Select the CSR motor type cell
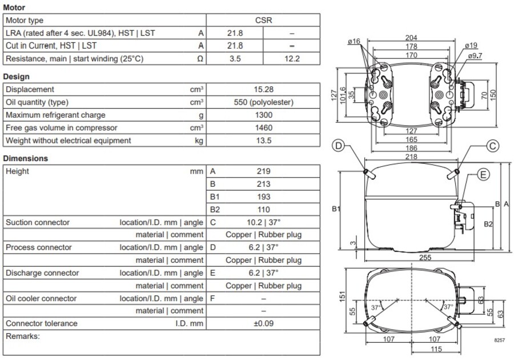263,21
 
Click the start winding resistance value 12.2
292,58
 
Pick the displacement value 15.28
263,90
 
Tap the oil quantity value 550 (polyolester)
263,102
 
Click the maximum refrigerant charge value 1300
263,115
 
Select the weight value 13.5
263,141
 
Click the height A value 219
263,171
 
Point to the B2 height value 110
263,210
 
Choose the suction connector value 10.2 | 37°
263,222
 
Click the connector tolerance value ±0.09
263,323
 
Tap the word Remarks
22,336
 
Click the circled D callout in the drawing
339,146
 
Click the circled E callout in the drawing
483,175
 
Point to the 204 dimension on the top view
411,38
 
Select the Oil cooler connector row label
41,298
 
